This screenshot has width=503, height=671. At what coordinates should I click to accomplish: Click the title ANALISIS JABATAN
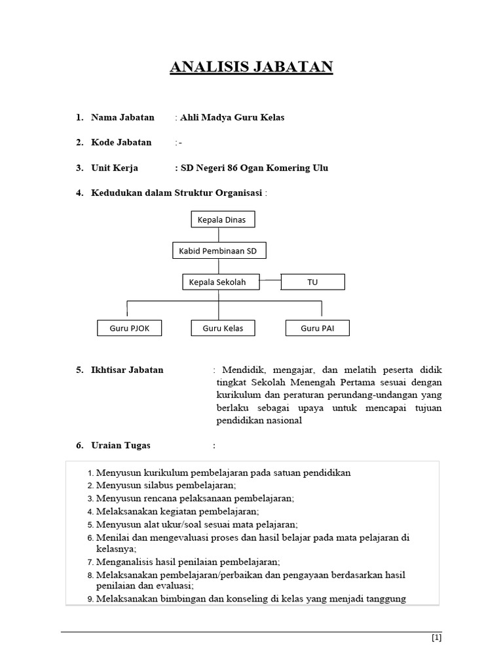(x=251, y=67)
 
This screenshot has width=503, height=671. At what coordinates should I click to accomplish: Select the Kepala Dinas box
(x=222, y=220)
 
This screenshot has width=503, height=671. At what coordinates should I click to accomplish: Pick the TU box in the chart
(x=312, y=282)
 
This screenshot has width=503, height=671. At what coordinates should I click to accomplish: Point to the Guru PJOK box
(x=129, y=328)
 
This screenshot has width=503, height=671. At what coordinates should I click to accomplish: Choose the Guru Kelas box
(x=223, y=328)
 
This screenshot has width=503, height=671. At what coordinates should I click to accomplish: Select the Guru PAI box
(x=318, y=328)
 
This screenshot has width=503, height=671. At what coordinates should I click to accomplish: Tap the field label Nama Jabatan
(x=122, y=117)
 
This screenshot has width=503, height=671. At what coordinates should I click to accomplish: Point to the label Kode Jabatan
(x=121, y=142)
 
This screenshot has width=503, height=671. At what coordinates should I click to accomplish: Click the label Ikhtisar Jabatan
(x=127, y=370)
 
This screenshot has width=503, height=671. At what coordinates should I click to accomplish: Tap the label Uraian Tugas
(x=121, y=446)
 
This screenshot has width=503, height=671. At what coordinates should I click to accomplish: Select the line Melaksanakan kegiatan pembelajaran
(x=177, y=511)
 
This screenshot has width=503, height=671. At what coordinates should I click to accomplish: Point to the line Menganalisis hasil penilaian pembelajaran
(x=188, y=562)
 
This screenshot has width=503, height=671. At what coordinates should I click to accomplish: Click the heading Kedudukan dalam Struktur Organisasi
(x=177, y=193)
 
